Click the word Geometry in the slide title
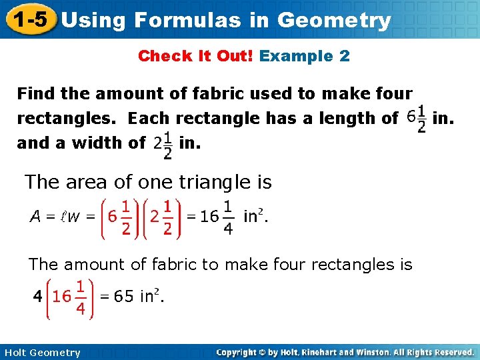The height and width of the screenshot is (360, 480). click(x=334, y=20)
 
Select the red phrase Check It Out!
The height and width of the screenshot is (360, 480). click(x=195, y=56)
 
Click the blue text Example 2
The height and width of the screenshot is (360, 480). click(x=305, y=56)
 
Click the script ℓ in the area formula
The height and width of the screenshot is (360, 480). click(x=55, y=216)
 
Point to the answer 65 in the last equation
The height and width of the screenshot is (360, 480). click(x=124, y=297)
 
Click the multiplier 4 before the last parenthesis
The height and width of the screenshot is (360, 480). click(x=38, y=297)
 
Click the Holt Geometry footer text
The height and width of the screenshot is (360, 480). click(x=41, y=353)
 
